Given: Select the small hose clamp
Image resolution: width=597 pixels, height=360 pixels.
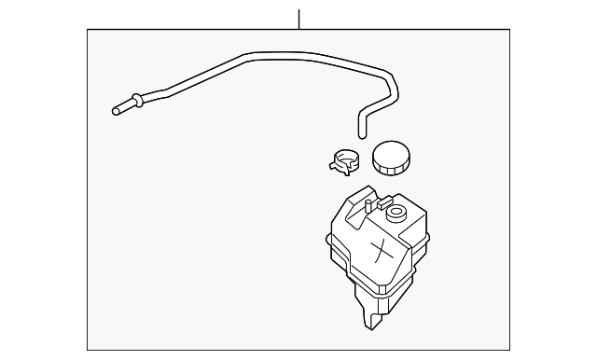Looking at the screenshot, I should (x=347, y=160).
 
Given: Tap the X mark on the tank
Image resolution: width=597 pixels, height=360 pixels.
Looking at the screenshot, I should (x=380, y=249).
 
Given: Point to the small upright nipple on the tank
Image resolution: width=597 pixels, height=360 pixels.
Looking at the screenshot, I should (x=368, y=204).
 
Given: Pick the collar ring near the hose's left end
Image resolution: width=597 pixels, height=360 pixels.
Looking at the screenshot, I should (x=137, y=98).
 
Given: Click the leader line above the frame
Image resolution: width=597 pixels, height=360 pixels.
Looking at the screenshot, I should (x=298, y=19).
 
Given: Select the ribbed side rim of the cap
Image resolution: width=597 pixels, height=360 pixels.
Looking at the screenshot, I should (x=391, y=168).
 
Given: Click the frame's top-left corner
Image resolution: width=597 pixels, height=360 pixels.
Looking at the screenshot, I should (x=88, y=29).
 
